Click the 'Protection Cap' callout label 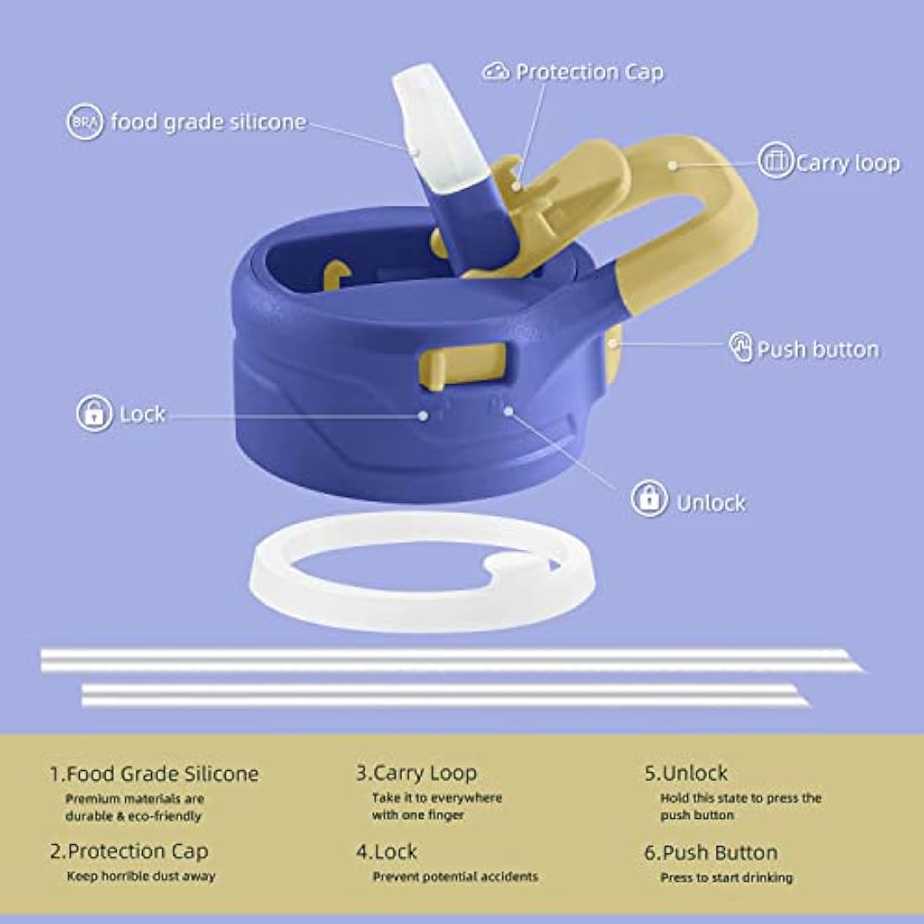[x=590, y=72]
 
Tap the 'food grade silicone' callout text [x=208, y=122]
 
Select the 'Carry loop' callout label [x=848, y=163]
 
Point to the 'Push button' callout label [x=818, y=349]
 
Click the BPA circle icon [x=85, y=122]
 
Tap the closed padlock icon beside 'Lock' [x=94, y=413]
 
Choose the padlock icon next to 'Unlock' [x=648, y=498]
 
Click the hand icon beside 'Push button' [x=741, y=346]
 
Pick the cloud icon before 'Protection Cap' [x=496, y=72]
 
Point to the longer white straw [x=453, y=660]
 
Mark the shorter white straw [x=446, y=695]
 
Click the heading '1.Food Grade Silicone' [x=154, y=774]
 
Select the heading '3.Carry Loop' [x=416, y=773]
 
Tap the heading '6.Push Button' [x=711, y=853]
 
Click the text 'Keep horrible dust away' [x=141, y=876]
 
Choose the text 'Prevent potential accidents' [x=455, y=877]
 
